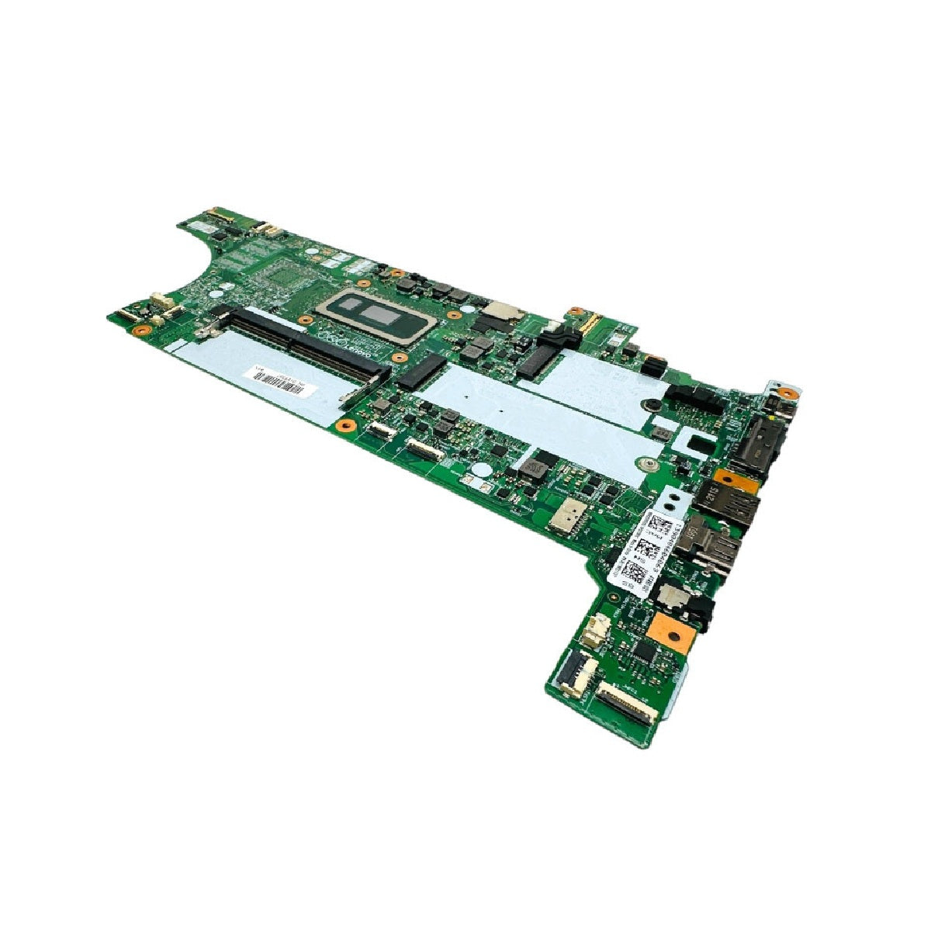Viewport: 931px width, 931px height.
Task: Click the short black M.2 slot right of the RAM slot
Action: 423,372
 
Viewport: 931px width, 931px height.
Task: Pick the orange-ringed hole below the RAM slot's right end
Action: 346,425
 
